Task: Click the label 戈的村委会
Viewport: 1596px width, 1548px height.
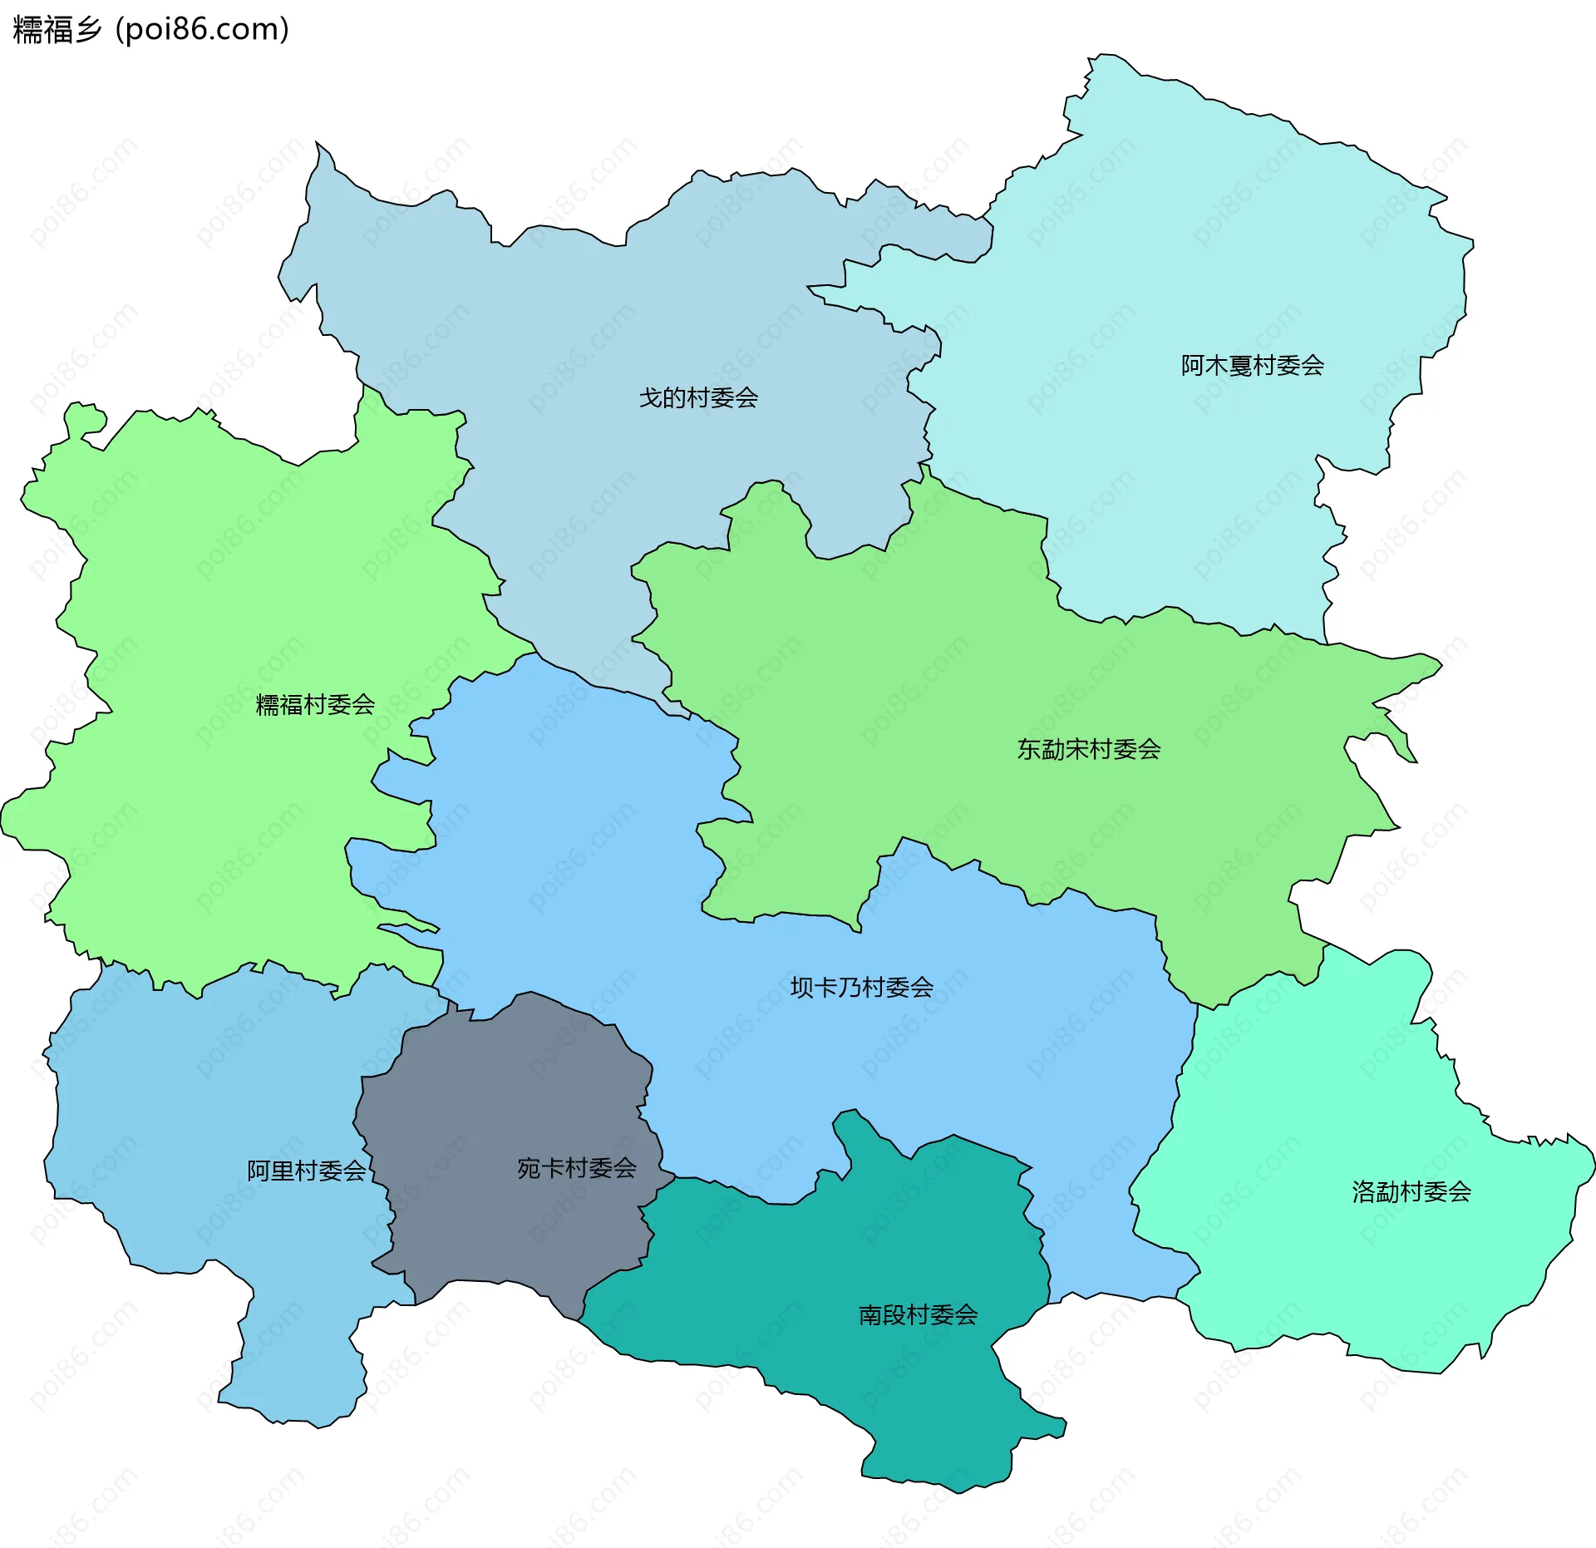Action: pyautogui.click(x=698, y=398)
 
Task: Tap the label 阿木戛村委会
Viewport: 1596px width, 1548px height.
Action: pyautogui.click(x=1253, y=366)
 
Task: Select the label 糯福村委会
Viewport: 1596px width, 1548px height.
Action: pyautogui.click(x=315, y=705)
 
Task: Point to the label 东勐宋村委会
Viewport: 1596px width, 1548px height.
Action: pyautogui.click(x=1089, y=750)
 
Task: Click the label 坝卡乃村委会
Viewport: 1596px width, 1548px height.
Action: pyautogui.click(x=862, y=988)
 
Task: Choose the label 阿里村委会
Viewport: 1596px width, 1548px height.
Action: pyautogui.click(x=307, y=1171)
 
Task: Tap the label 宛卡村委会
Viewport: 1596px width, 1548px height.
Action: pyautogui.click(x=577, y=1169)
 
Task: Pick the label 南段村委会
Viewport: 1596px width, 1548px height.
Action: pyautogui.click(x=918, y=1315)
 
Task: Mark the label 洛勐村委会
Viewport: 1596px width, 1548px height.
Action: pyautogui.click(x=1411, y=1192)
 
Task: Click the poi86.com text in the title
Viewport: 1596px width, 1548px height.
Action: pyautogui.click(x=202, y=30)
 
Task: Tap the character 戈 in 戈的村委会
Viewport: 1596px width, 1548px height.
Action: pyautogui.click(x=651, y=398)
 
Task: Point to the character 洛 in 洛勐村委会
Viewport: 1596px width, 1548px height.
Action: pyautogui.click(x=1364, y=1192)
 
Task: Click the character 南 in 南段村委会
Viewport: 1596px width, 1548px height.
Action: pyautogui.click(x=870, y=1315)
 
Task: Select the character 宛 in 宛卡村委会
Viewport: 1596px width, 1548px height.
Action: pyautogui.click(x=530, y=1169)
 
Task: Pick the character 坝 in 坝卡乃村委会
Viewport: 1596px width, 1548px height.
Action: pyautogui.click(x=802, y=988)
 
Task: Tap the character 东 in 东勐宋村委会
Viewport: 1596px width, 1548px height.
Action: pyautogui.click(x=1030, y=750)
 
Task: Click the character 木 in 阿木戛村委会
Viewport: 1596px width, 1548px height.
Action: pyautogui.click(x=1217, y=366)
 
